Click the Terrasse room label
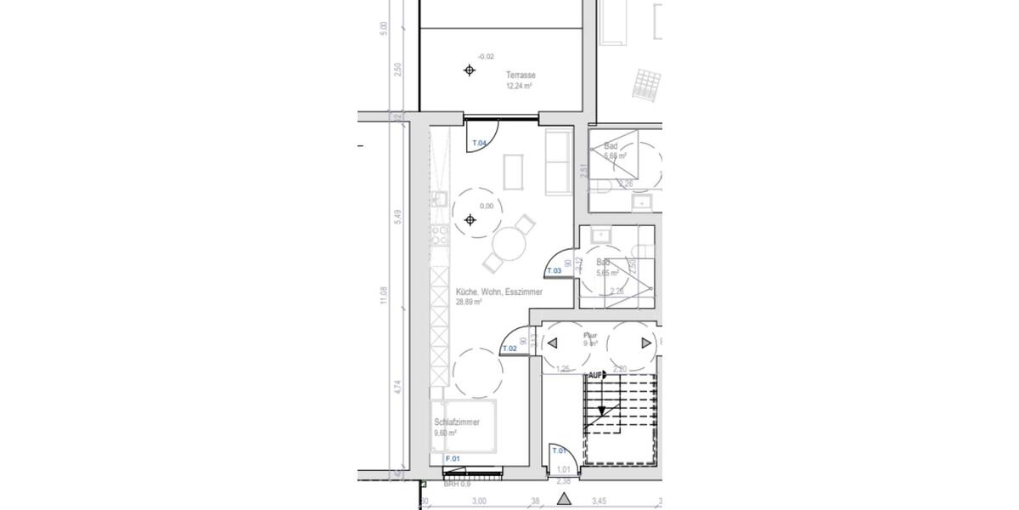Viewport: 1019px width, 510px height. pyautogui.click(x=521, y=75)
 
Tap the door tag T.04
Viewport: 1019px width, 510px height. pyautogui.click(x=479, y=144)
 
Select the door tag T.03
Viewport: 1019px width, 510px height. pyautogui.click(x=554, y=271)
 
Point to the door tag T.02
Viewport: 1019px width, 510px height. pyautogui.click(x=509, y=348)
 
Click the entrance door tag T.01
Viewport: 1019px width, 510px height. pyautogui.click(x=559, y=450)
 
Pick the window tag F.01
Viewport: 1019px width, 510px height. pyautogui.click(x=453, y=459)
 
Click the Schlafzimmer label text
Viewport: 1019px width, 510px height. pyautogui.click(x=457, y=422)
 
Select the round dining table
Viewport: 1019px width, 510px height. pyautogui.click(x=509, y=246)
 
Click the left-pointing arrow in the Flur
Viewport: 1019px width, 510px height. pyautogui.click(x=551, y=343)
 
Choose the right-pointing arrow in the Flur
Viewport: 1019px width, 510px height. pyautogui.click(x=646, y=343)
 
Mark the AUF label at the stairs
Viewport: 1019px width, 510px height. pyautogui.click(x=595, y=374)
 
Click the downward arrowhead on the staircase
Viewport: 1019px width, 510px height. pyautogui.click(x=601, y=411)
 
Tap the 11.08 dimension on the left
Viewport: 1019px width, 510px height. pyautogui.click(x=385, y=296)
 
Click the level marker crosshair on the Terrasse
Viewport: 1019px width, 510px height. pyautogui.click(x=470, y=70)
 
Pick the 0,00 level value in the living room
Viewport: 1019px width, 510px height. pyautogui.click(x=487, y=206)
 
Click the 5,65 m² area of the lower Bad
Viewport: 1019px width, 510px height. pyautogui.click(x=607, y=273)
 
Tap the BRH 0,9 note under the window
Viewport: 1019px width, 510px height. pyautogui.click(x=456, y=484)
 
